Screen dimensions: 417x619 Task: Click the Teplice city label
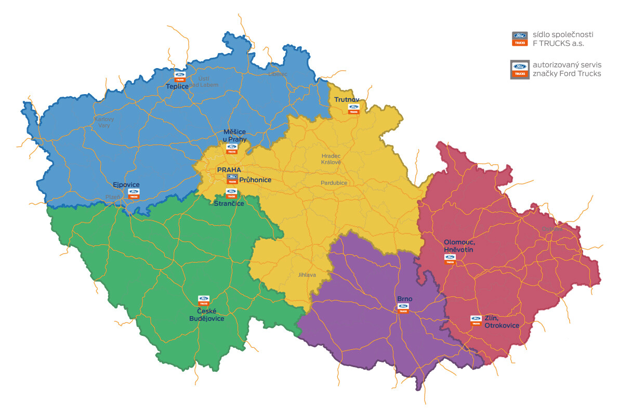(177, 86)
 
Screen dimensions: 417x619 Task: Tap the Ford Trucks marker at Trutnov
(353, 109)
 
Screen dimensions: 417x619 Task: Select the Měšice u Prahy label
(234, 136)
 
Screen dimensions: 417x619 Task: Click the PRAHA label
(229, 170)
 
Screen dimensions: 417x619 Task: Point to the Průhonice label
(255, 180)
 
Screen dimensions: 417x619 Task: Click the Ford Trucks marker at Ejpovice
(134, 194)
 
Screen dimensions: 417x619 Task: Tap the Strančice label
(229, 203)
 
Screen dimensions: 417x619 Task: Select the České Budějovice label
(206, 315)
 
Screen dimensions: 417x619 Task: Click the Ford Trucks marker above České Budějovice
(203, 301)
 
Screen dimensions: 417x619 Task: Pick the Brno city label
(404, 299)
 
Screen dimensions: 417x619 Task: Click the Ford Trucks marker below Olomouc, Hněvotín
(450, 259)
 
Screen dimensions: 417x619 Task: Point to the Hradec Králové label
(331, 159)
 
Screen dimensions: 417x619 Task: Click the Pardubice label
(334, 183)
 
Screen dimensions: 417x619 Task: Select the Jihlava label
(307, 275)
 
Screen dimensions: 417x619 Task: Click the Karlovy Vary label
(104, 122)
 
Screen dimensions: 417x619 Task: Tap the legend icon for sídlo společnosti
(520, 39)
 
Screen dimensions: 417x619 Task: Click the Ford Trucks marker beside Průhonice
(232, 179)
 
